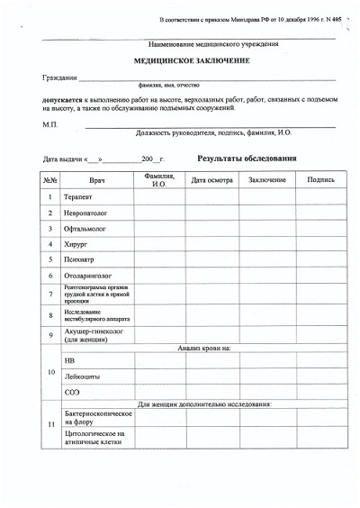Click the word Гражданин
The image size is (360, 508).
coord(58,78)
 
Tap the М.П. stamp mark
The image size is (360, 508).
coord(49,123)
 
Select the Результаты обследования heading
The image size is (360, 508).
coord(246,159)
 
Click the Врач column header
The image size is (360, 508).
coord(98,180)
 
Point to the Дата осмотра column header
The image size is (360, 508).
coord(211,180)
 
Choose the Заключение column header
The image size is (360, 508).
coord(267,180)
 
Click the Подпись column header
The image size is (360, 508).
coord(319,180)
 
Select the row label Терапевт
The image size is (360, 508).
coord(79,197)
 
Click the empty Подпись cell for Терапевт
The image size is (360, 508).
coord(319,197)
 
